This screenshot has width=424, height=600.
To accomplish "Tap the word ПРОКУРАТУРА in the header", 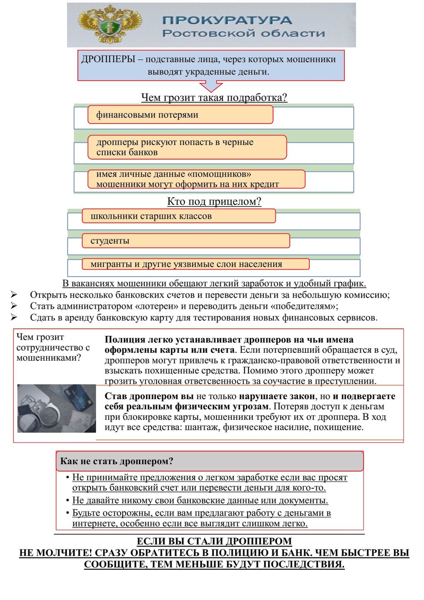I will (227, 20).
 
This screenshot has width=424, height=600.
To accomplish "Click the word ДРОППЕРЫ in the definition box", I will (108, 59).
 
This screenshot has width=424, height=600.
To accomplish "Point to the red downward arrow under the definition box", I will (211, 86).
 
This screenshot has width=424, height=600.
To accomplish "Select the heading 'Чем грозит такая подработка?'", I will (214, 98).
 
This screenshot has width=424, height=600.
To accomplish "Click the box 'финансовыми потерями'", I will (180, 115).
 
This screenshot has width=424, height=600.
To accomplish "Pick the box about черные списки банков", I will (187, 147).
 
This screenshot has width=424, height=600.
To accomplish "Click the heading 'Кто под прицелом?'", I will (214, 202).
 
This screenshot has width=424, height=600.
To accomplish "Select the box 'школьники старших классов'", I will (178, 216).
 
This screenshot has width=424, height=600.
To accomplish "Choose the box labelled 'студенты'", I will (185, 241).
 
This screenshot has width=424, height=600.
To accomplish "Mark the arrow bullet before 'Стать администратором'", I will (14, 306).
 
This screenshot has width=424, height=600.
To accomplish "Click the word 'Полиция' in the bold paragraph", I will (121, 340).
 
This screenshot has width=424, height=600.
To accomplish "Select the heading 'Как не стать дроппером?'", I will (117, 461).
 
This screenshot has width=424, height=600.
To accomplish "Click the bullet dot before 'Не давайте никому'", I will (67, 501).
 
